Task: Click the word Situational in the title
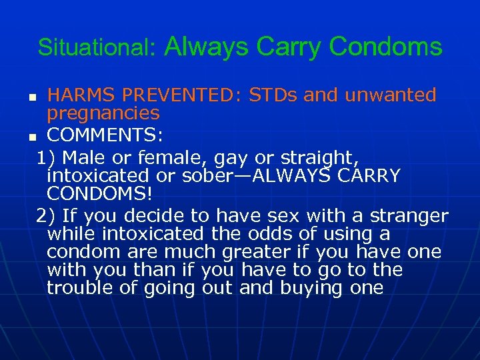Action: click(x=95, y=47)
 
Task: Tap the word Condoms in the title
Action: click(x=385, y=47)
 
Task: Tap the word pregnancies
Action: click(x=103, y=114)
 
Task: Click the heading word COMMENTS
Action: click(x=105, y=136)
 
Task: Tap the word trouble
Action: click(x=77, y=288)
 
